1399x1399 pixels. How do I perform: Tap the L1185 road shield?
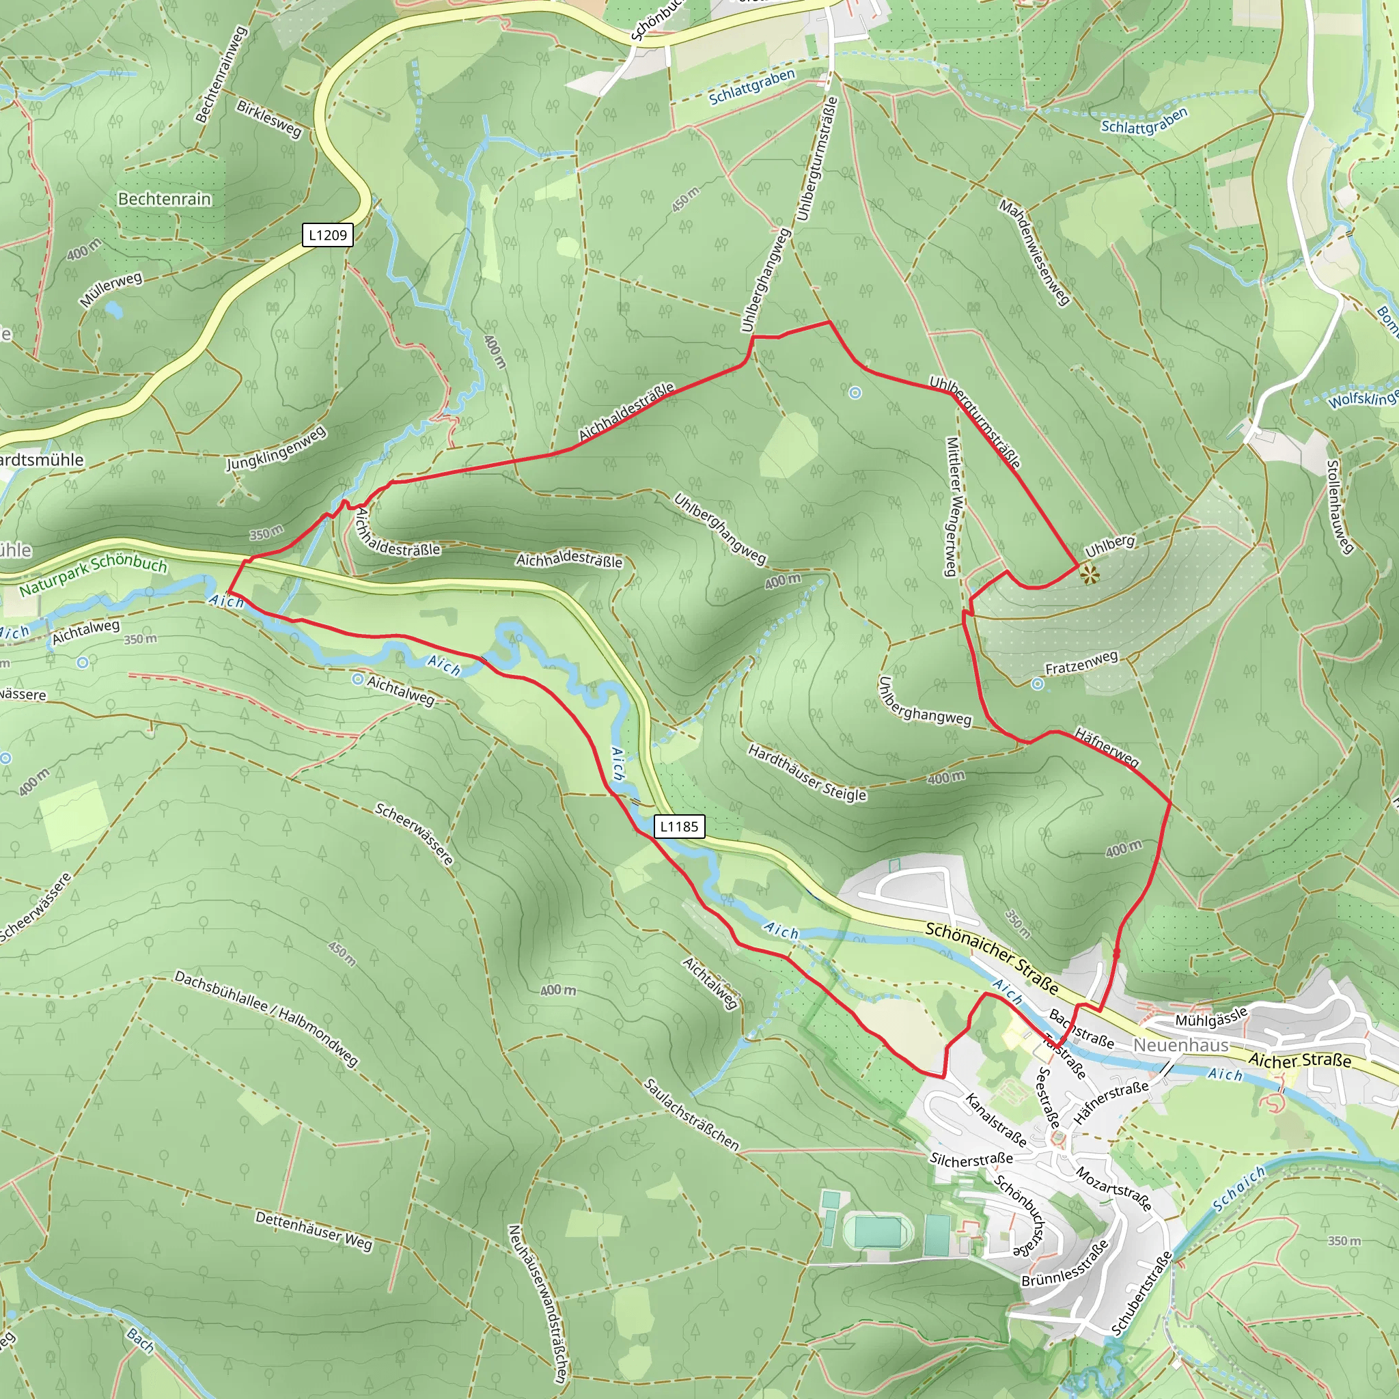click(x=678, y=827)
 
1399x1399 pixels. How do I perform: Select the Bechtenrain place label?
click(x=165, y=199)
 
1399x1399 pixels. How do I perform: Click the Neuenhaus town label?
click(x=1181, y=1046)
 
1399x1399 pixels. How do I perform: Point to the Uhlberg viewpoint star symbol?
click(x=1089, y=575)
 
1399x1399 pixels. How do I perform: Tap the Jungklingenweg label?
click(x=276, y=449)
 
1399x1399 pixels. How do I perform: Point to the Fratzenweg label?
click(x=1081, y=663)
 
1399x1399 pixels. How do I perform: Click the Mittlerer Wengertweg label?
click(x=954, y=507)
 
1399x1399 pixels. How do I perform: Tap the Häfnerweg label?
click(x=1107, y=747)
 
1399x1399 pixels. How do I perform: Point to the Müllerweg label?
click(x=111, y=290)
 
